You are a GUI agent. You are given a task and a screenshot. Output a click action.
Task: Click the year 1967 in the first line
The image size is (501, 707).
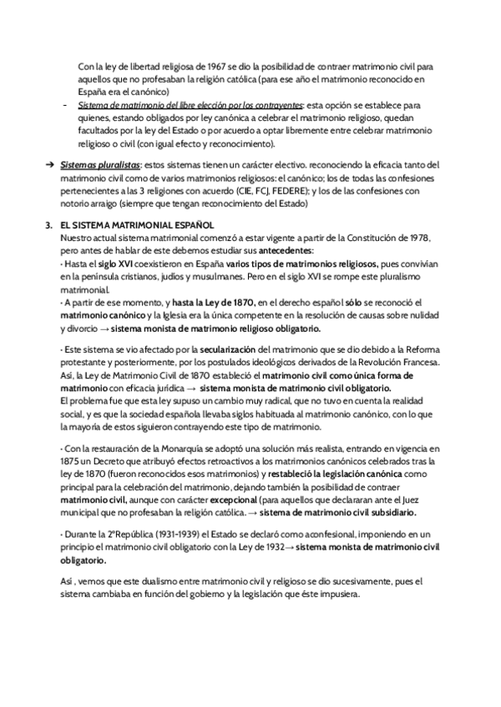(197, 66)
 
